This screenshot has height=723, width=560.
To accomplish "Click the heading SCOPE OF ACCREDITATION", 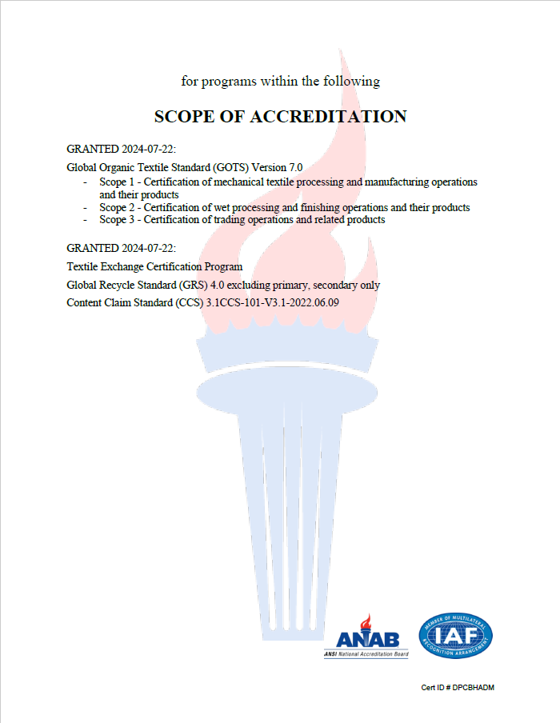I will coord(280,117).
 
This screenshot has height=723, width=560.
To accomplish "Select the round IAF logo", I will coord(455,636).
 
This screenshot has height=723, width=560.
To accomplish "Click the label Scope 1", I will coord(117,182).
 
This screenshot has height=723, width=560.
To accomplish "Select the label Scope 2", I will coord(117,207).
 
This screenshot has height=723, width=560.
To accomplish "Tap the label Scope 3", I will coord(117,219).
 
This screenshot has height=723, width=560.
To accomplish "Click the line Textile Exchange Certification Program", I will coord(154,266).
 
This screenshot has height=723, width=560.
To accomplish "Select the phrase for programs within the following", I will coord(280,81).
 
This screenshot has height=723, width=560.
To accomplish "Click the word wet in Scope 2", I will coord(215,207).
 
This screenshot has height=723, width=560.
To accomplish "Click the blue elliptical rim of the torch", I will coord(288,389).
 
